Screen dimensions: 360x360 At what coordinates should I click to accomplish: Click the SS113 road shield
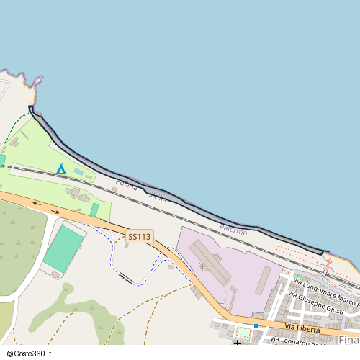click(x=140, y=236)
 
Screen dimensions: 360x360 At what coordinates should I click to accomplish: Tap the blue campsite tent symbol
click(x=61, y=169)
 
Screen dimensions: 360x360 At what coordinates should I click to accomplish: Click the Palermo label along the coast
click(x=233, y=230)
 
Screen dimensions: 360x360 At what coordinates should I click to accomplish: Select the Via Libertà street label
click(x=303, y=329)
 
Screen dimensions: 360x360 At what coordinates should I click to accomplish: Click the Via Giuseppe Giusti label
click(x=315, y=304)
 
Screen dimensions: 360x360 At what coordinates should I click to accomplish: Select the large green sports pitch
click(x=63, y=248)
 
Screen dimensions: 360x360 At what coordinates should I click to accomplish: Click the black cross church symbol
click(x=238, y=343)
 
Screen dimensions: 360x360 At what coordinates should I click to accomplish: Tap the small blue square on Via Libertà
click(x=256, y=326)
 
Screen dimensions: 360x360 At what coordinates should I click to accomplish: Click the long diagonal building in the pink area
click(x=210, y=261)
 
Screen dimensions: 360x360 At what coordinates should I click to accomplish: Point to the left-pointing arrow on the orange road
click(x=36, y=203)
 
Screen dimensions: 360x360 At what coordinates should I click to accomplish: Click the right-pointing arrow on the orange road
click(x=55, y=212)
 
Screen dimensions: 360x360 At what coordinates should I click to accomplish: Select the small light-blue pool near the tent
click(x=78, y=171)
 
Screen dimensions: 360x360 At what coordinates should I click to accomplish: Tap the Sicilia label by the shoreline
click(x=156, y=197)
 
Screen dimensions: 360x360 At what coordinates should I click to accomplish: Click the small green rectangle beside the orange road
click(x=94, y=210)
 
